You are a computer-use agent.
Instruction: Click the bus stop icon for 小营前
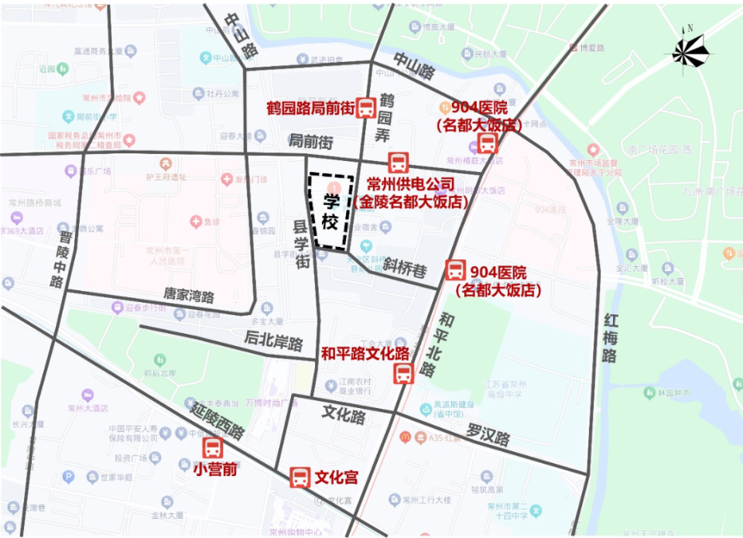pyautogui.click(x=212, y=447)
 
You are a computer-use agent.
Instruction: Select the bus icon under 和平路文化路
pyautogui.click(x=403, y=374)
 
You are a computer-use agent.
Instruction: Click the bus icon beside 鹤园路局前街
pyautogui.click(x=367, y=108)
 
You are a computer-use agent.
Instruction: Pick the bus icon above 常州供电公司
pyautogui.click(x=398, y=163)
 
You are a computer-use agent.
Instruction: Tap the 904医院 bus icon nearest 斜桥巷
pyautogui.click(x=456, y=271)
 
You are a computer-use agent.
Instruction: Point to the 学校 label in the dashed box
pyautogui.click(x=330, y=211)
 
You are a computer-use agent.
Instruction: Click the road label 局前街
pyautogui.click(x=310, y=142)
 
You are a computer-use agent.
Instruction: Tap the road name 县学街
pyautogui.click(x=299, y=242)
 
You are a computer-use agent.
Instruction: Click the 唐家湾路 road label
pyautogui.click(x=189, y=295)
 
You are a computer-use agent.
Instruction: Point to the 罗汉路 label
pyautogui.click(x=488, y=434)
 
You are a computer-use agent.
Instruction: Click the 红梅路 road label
pyautogui.click(x=611, y=338)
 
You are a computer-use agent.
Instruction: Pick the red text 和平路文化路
pyautogui.click(x=365, y=354)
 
